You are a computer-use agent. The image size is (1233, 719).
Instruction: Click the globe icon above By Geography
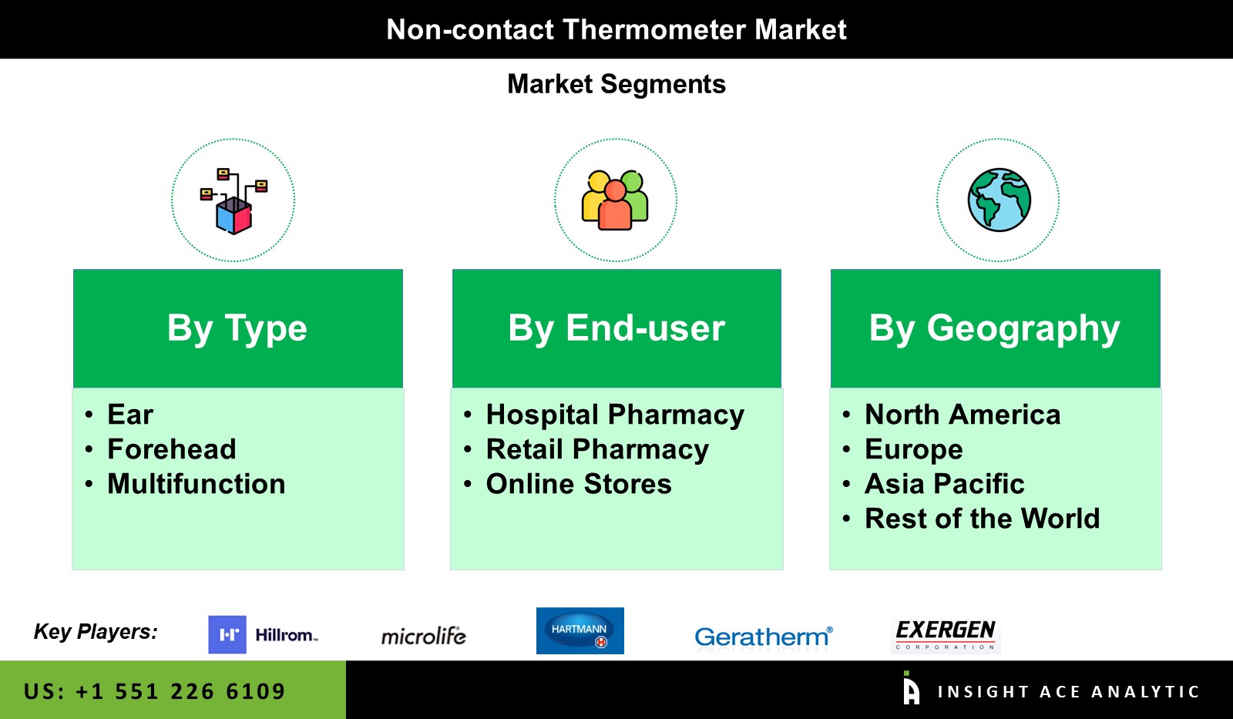(x=999, y=200)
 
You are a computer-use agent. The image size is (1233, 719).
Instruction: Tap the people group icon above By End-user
(x=615, y=200)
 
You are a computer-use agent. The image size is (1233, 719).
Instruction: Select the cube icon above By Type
(x=233, y=201)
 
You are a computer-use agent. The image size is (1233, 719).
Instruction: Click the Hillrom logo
(x=263, y=635)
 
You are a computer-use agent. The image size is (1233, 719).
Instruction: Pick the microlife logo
(x=423, y=637)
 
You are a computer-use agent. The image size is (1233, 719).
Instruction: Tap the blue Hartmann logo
(x=580, y=631)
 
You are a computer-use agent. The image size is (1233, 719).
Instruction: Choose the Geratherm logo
(x=764, y=637)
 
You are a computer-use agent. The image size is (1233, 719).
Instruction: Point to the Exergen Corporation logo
(x=946, y=636)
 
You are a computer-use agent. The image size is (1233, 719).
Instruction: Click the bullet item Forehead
(x=172, y=449)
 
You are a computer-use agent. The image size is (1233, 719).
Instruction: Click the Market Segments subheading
(x=616, y=84)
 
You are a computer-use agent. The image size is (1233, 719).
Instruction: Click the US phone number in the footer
(x=155, y=691)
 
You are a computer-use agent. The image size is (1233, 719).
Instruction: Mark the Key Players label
(x=96, y=632)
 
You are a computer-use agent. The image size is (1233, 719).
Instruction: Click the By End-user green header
(x=616, y=328)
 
